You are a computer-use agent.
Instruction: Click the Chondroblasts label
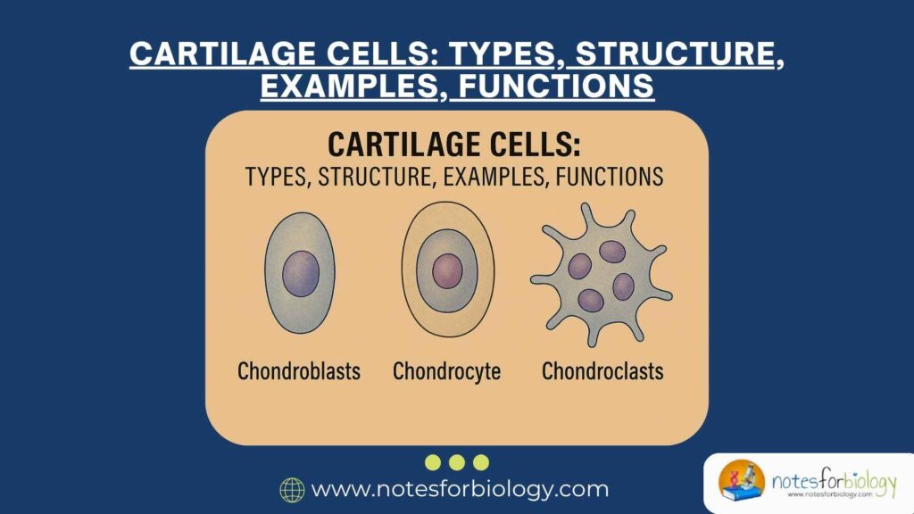[299, 370]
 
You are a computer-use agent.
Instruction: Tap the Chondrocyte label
[447, 370]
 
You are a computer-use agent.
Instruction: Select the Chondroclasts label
[602, 370]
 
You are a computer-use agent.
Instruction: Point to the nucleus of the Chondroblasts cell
[301, 274]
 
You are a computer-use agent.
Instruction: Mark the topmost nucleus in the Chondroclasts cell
[612, 252]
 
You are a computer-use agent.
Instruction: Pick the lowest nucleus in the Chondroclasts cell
[591, 300]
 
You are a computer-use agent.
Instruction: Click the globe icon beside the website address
[292, 489]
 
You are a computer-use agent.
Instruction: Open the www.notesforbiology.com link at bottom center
[459, 489]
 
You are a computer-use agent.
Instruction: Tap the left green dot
[433, 462]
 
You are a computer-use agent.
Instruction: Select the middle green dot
[457, 462]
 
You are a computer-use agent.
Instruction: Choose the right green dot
[481, 462]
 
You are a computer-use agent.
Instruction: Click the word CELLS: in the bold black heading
[528, 145]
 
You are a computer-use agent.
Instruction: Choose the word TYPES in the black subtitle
[273, 177]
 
